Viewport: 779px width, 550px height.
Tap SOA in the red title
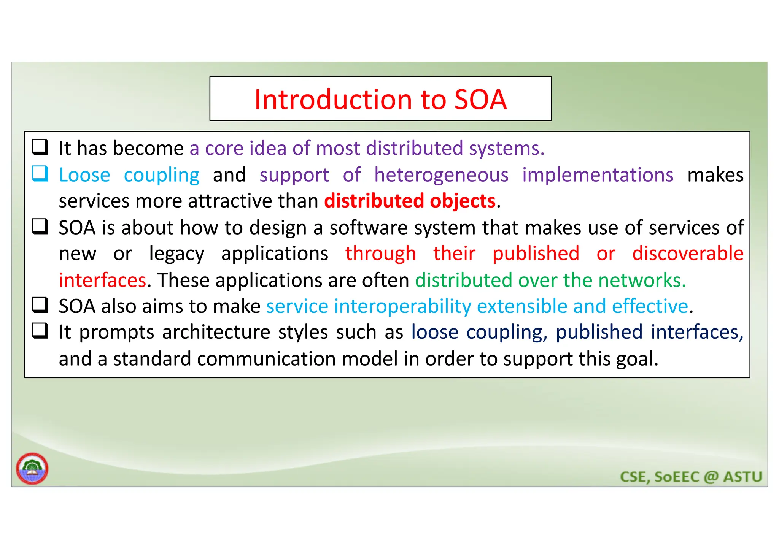(x=480, y=100)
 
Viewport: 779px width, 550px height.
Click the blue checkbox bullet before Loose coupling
(x=40, y=174)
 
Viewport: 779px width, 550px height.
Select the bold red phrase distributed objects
(x=410, y=201)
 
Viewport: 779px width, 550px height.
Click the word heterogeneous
(x=441, y=175)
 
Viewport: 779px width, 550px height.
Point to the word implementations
(x=598, y=175)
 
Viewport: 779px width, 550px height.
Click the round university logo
(x=32, y=468)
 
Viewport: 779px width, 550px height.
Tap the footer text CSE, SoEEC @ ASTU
(x=691, y=477)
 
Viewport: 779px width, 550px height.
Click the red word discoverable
(x=688, y=253)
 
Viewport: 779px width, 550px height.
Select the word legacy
(x=176, y=254)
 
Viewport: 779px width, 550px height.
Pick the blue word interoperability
(x=402, y=306)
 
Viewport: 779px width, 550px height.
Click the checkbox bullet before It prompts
(x=40, y=331)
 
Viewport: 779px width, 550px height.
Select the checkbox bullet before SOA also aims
(x=40, y=305)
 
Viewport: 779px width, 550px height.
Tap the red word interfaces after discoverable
(x=102, y=280)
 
